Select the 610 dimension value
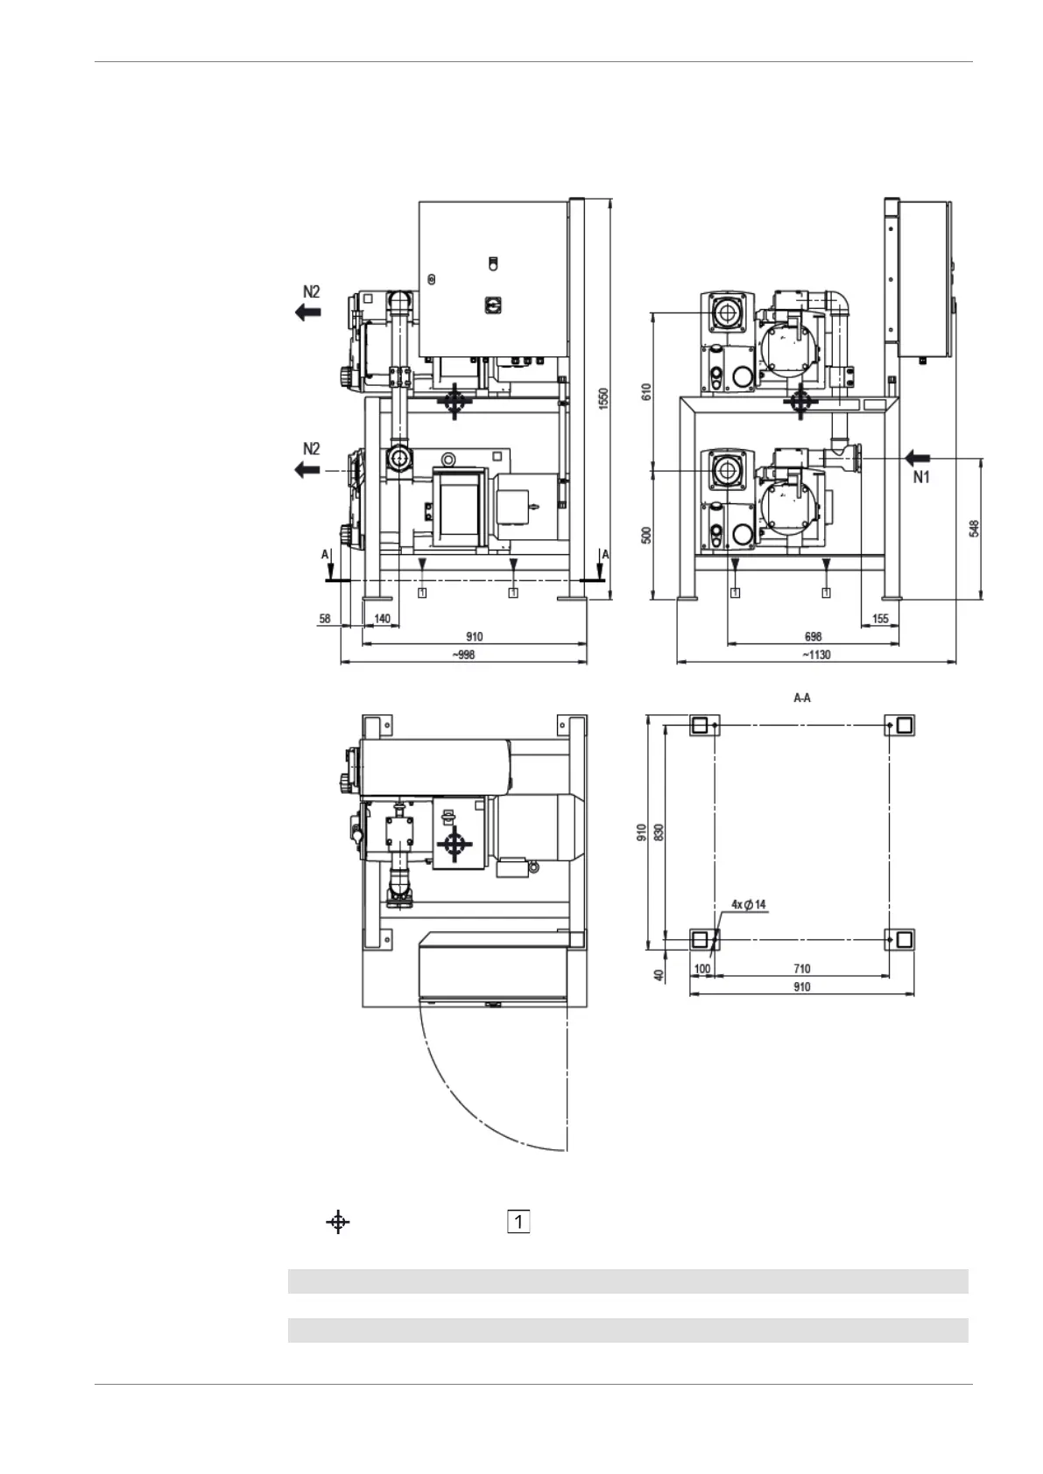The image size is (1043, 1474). click(x=647, y=390)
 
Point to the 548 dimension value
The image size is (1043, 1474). click(x=975, y=529)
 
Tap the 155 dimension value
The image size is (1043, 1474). click(x=880, y=619)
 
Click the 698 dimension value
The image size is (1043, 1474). click(x=813, y=637)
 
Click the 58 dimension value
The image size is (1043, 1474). click(x=325, y=619)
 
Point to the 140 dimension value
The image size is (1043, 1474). click(x=382, y=619)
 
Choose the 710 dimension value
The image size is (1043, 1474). click(x=801, y=969)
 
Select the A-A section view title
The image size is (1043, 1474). click(x=801, y=698)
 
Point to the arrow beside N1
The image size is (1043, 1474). click(x=919, y=457)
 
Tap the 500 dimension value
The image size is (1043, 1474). click(x=647, y=535)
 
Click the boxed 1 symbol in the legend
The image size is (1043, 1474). click(x=518, y=1222)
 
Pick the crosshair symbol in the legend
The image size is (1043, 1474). click(x=338, y=1222)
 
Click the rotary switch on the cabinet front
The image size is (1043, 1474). click(x=492, y=303)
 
